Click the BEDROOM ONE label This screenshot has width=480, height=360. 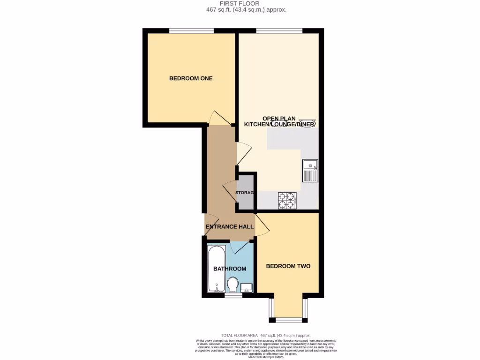pos(191,78)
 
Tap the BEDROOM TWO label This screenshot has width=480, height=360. pos(288,266)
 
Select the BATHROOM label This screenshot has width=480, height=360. pos(230,269)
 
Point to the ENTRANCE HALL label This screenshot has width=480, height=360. pos(230,227)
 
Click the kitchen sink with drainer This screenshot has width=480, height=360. pos(310,171)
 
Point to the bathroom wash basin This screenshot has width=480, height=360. pos(247,287)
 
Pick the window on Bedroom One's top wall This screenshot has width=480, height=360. pos(191,31)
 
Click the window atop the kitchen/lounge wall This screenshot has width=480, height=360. pos(279,31)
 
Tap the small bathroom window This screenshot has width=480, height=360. pos(230,296)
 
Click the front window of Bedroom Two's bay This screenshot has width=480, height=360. pos(288,320)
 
